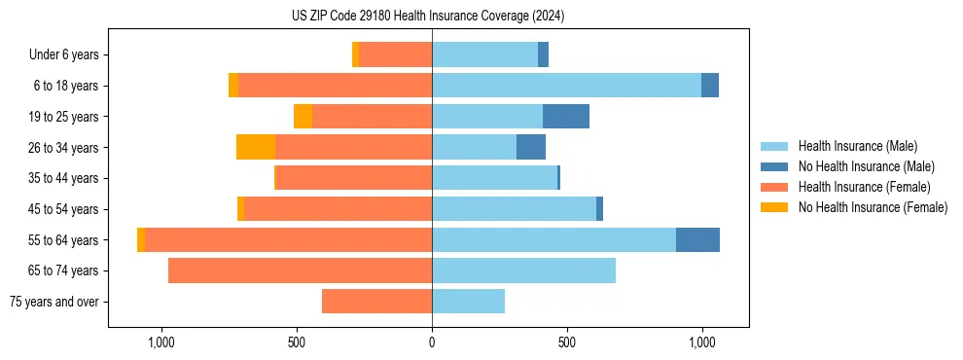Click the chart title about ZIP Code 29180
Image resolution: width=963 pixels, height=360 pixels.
click(428, 17)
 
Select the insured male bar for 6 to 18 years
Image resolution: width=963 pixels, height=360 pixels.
click(566, 86)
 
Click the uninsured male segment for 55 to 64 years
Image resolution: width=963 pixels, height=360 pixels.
click(697, 239)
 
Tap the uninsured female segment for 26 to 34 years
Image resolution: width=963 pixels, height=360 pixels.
click(256, 147)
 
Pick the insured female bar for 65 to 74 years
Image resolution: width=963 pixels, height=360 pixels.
click(300, 270)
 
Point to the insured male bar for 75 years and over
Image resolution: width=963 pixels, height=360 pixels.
click(468, 302)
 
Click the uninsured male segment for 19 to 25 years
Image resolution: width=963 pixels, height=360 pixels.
click(566, 117)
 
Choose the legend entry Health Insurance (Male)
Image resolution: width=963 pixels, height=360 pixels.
click(857, 146)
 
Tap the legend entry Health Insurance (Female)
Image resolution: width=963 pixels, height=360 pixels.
click(864, 187)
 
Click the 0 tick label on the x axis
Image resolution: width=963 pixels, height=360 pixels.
click(432, 342)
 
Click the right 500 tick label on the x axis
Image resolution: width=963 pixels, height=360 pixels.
click(567, 342)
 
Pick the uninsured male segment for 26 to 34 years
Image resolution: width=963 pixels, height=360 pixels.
click(531, 147)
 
